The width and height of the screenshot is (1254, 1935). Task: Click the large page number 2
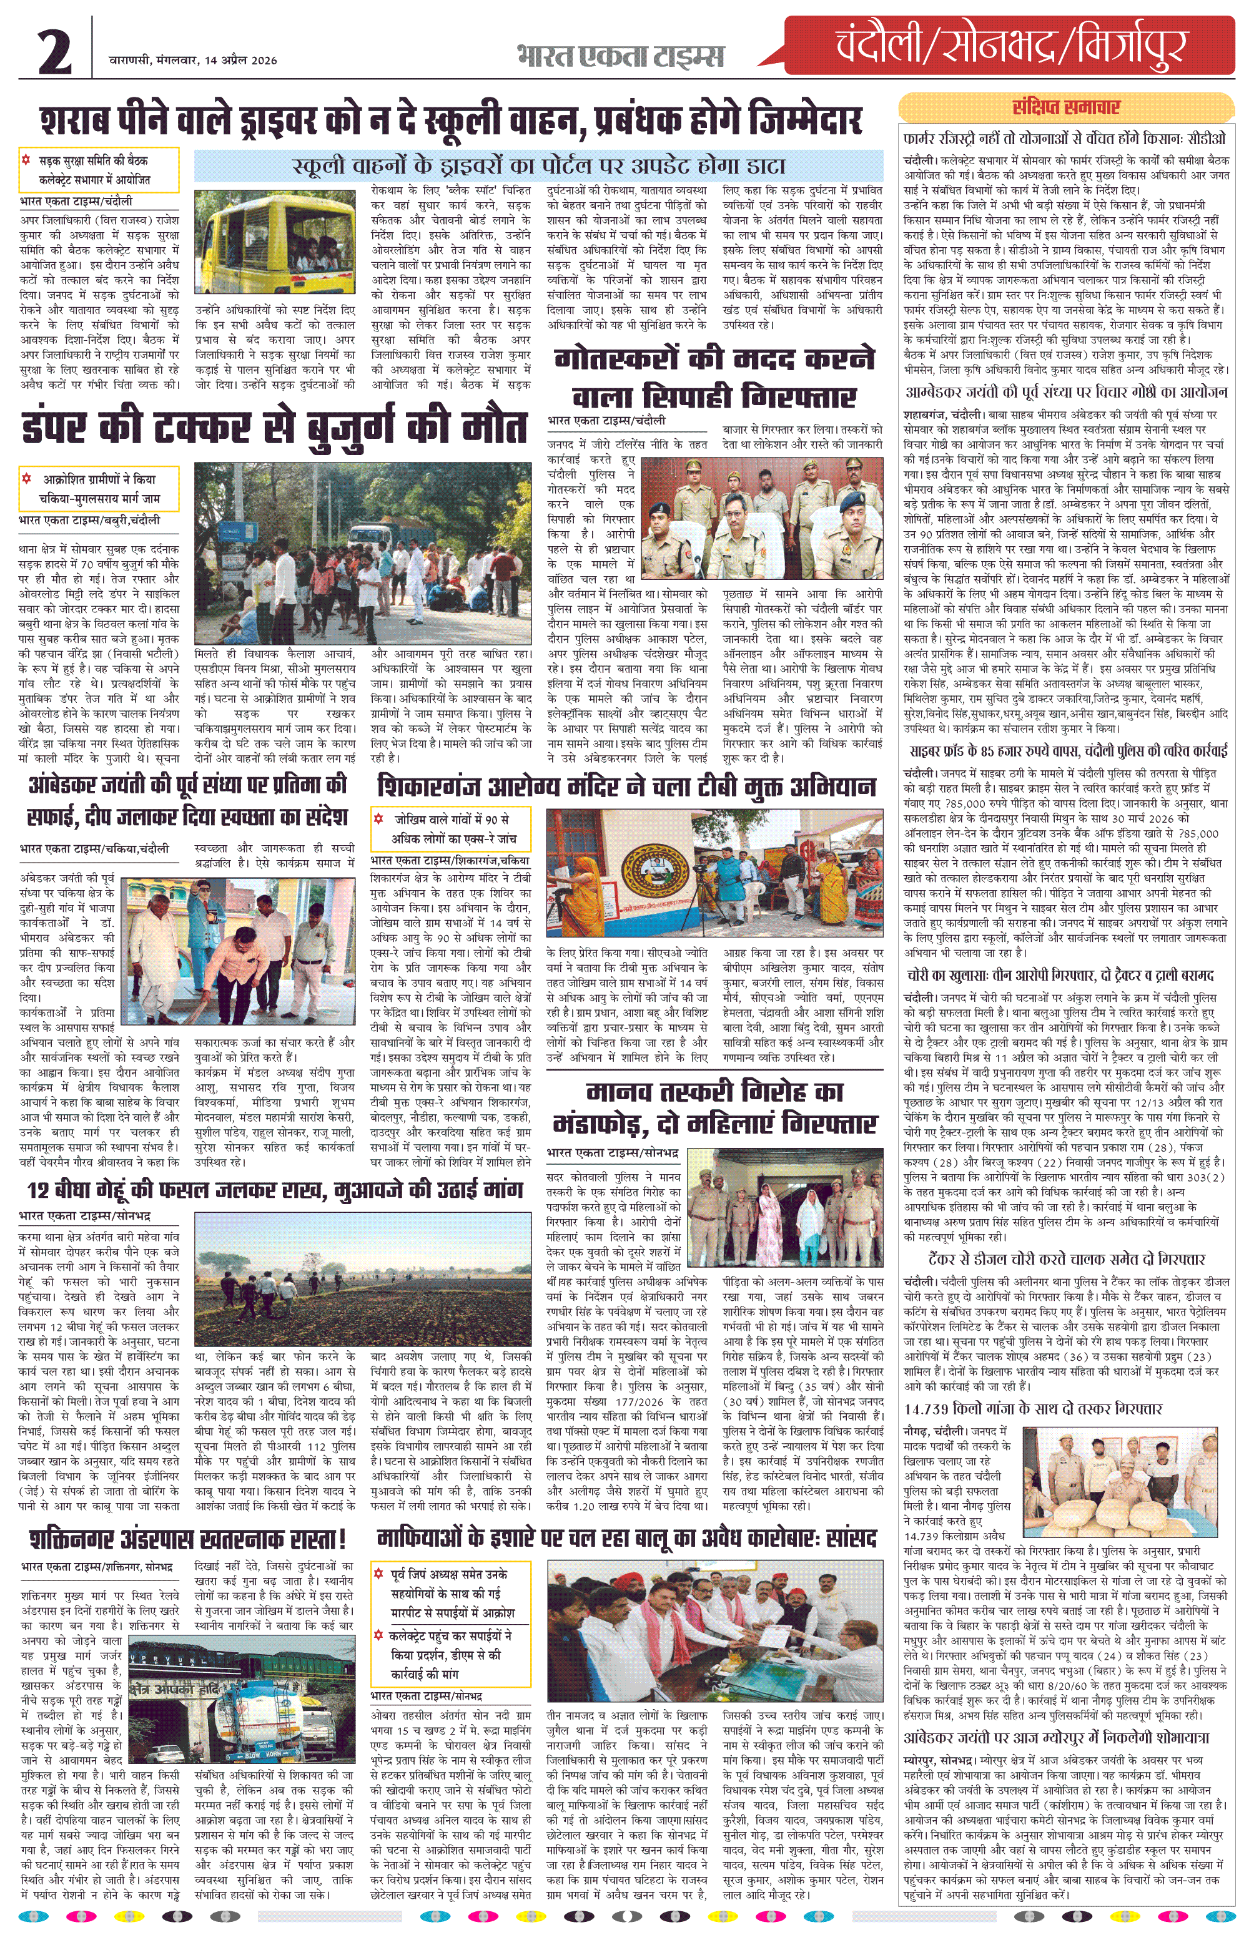click(56, 51)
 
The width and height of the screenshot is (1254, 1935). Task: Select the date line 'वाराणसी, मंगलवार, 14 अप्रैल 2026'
click(194, 60)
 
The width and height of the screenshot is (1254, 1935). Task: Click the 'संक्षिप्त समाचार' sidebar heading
click(1065, 107)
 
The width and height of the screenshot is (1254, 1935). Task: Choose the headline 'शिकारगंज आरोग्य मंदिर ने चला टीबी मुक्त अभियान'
click(626, 786)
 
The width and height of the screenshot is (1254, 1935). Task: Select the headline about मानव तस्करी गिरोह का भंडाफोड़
click(714, 1108)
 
